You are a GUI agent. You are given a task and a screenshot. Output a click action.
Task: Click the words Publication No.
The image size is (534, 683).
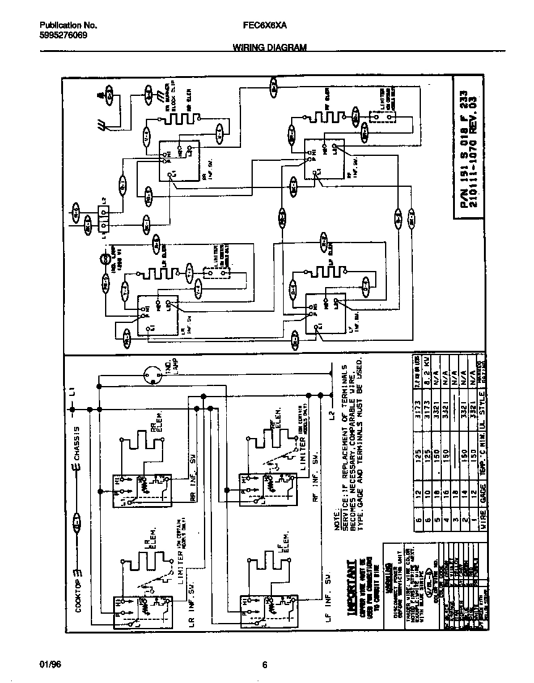point(69,25)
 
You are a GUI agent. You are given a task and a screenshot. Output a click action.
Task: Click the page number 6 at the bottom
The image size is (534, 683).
point(265,665)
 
